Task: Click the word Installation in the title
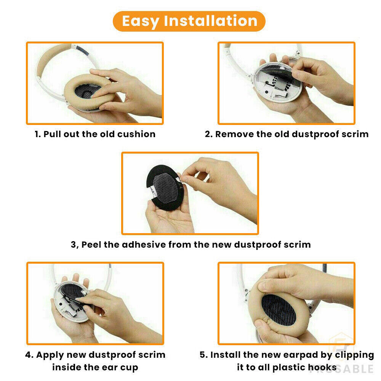tap(211, 21)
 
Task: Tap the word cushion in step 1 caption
tap(136, 134)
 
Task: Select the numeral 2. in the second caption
tap(209, 134)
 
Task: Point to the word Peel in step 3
tap(91, 245)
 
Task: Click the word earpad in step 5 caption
tap(299, 355)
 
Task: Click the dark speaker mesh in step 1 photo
tap(86, 90)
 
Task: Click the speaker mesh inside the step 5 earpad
tap(279, 310)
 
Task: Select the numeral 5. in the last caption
tap(203, 355)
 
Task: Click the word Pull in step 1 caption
tap(52, 134)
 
